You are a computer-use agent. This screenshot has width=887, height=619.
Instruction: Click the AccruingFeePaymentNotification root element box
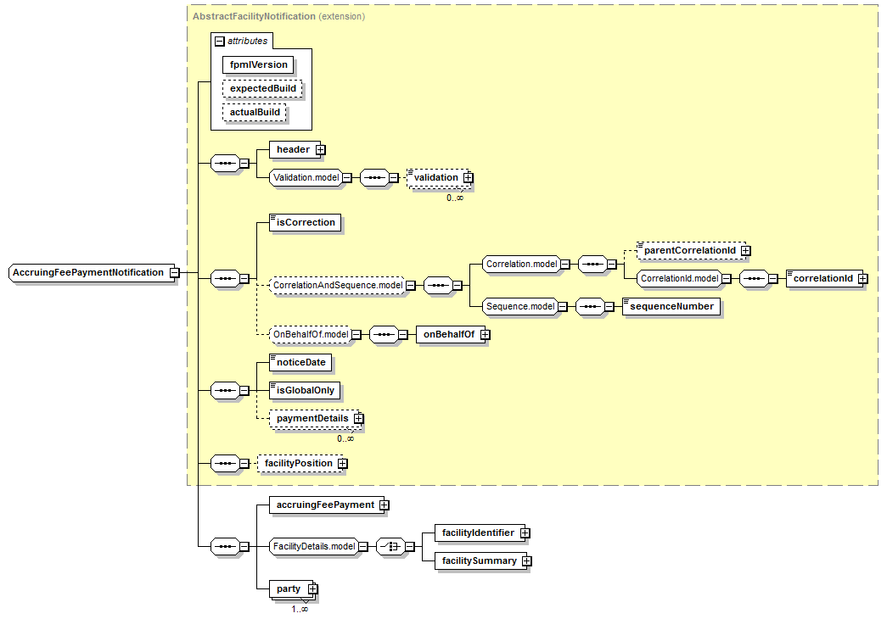pyautogui.click(x=90, y=272)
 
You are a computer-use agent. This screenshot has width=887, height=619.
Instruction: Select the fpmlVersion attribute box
pyautogui.click(x=259, y=65)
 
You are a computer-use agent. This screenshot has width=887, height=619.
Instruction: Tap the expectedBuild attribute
pyautogui.click(x=262, y=89)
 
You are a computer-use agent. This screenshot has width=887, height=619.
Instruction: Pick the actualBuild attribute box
pyautogui.click(x=255, y=113)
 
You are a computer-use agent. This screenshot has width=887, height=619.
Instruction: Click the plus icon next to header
pyautogui.click(x=321, y=150)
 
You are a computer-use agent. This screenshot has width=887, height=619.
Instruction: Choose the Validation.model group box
pyautogui.click(x=306, y=177)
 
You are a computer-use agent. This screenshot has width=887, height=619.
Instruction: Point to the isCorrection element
pyautogui.click(x=306, y=223)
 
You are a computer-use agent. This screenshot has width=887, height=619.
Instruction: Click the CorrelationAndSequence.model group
pyautogui.click(x=338, y=286)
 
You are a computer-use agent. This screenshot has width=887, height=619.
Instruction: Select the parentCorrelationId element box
pyautogui.click(x=691, y=250)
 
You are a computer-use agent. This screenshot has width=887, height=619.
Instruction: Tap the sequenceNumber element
pyautogui.click(x=671, y=306)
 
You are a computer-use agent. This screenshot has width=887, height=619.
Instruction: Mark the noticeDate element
pyautogui.click(x=300, y=362)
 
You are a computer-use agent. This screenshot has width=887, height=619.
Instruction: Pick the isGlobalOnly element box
pyautogui.click(x=305, y=391)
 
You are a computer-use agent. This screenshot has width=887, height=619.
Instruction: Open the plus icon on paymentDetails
pyautogui.click(x=359, y=418)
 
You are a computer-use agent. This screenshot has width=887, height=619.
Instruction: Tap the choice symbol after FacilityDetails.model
pyautogui.click(x=391, y=547)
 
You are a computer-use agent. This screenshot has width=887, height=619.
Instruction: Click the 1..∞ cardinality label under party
pyautogui.click(x=300, y=609)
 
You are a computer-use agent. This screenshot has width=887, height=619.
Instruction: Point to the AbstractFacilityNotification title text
pyautogui.click(x=254, y=16)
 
